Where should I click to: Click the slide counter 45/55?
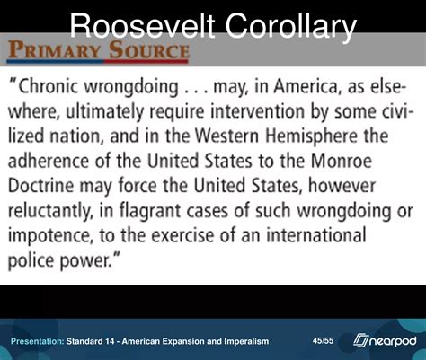tap(324, 340)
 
